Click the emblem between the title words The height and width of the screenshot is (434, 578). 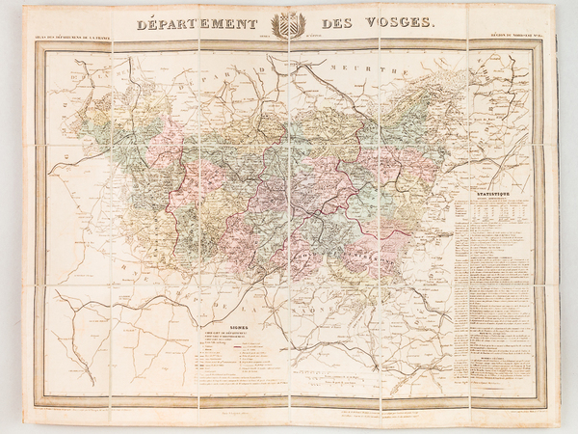coord(289,26)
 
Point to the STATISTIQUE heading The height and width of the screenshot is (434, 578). coord(493,197)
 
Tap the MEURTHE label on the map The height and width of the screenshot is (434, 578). coord(357,69)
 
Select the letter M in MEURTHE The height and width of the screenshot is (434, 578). coord(329,69)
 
